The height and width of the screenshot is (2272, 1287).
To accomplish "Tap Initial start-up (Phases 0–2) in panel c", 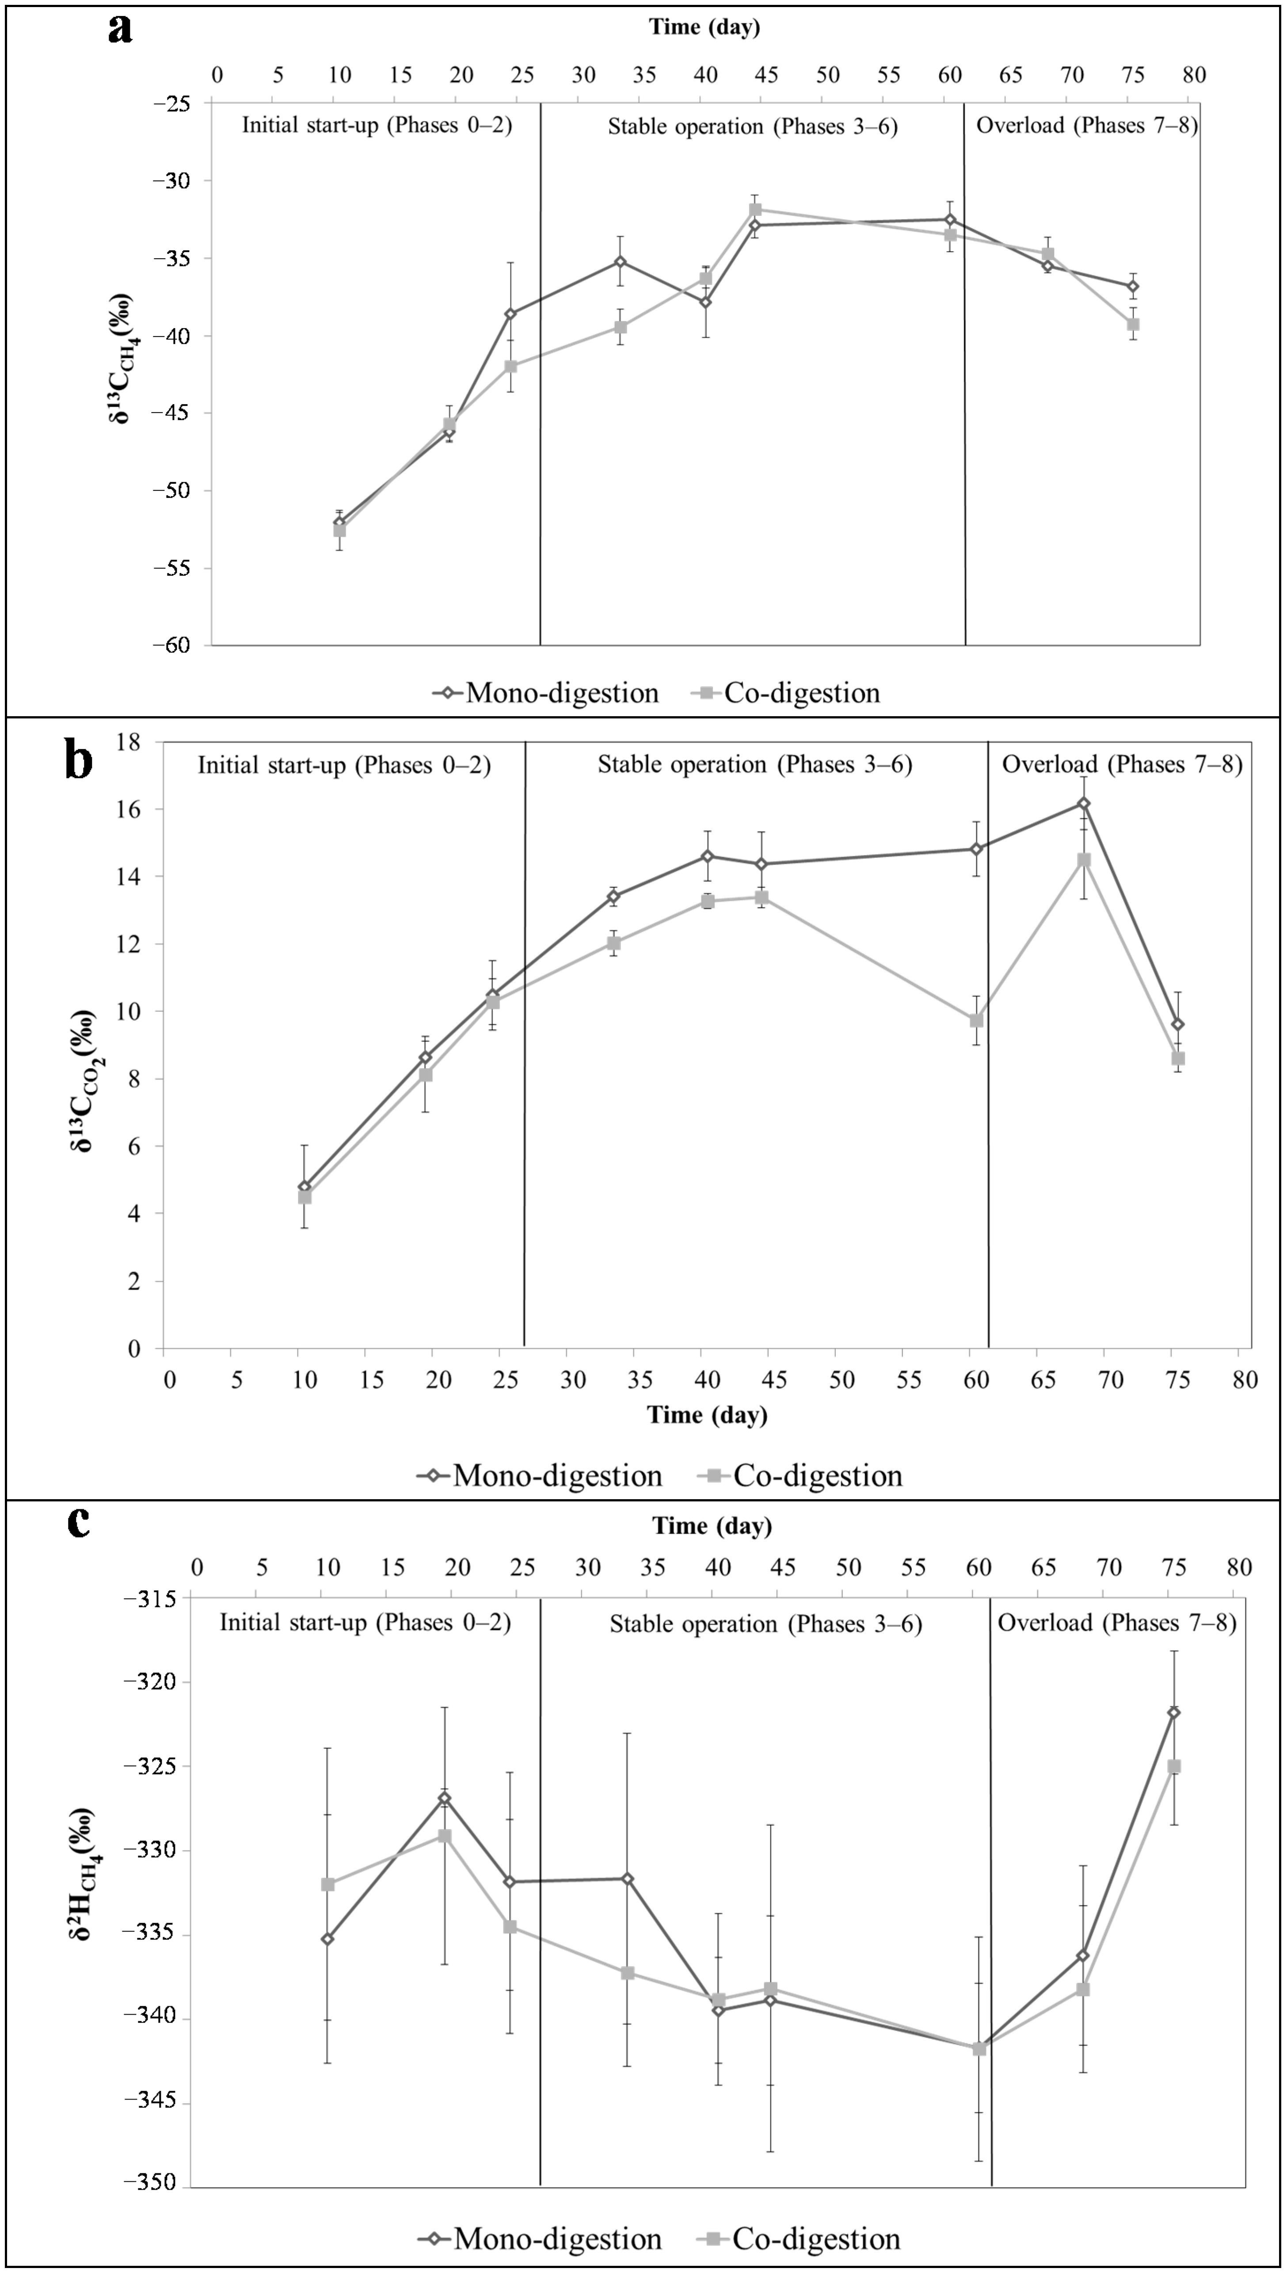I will point(365,1623).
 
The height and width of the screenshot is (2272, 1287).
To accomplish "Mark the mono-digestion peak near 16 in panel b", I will point(1083,804).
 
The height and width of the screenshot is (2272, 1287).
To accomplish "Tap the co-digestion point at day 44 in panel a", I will point(756,210).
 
